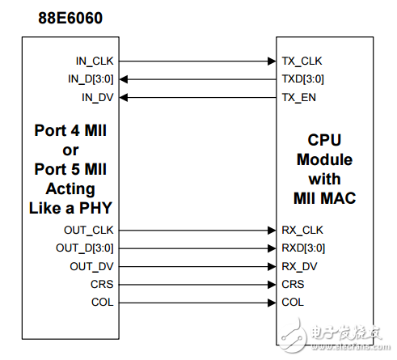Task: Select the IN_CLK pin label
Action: pos(95,60)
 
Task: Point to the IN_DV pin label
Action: pos(99,97)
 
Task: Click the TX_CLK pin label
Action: pos(304,60)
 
